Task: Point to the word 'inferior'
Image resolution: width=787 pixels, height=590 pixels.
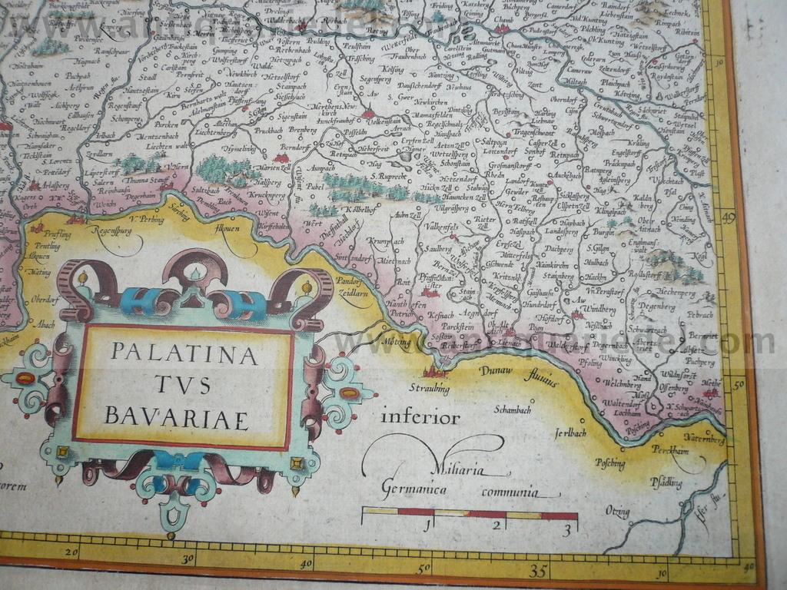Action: pyautogui.click(x=420, y=418)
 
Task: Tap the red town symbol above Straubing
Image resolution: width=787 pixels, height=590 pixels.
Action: pyautogui.click(x=437, y=373)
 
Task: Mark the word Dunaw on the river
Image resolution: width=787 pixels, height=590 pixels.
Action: pyautogui.click(x=496, y=371)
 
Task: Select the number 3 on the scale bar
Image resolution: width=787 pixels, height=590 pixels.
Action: pyautogui.click(x=566, y=529)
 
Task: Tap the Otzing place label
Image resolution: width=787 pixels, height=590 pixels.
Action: pyautogui.click(x=617, y=512)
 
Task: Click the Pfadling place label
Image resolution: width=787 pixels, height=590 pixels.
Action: pyautogui.click(x=666, y=482)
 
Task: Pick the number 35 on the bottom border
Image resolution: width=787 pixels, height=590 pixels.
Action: pyautogui.click(x=538, y=571)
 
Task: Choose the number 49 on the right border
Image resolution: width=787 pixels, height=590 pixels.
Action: pyautogui.click(x=728, y=218)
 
